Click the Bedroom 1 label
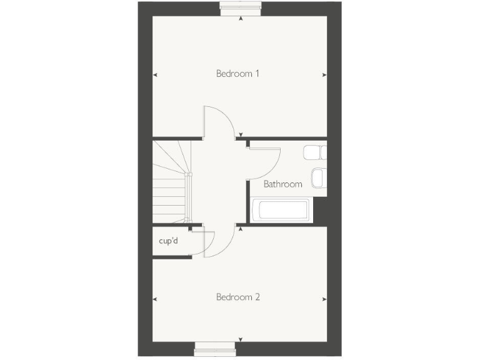pyautogui.click(x=237, y=74)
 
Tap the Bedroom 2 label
pyautogui.click(x=237, y=297)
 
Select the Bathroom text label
pyautogui.click(x=282, y=184)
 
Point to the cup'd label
pyautogui.click(x=168, y=241)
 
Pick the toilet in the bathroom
pyautogui.click(x=314, y=152)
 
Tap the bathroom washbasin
pyautogui.click(x=318, y=177)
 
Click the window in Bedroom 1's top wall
pyautogui.click(x=241, y=7)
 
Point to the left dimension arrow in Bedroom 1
pyautogui.click(x=155, y=75)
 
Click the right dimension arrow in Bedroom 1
pyautogui.click(x=324, y=75)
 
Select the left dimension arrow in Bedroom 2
pyautogui.click(x=155, y=299)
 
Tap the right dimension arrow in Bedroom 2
pyautogui.click(x=324, y=299)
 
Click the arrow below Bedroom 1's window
pyautogui.click(x=241, y=19)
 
